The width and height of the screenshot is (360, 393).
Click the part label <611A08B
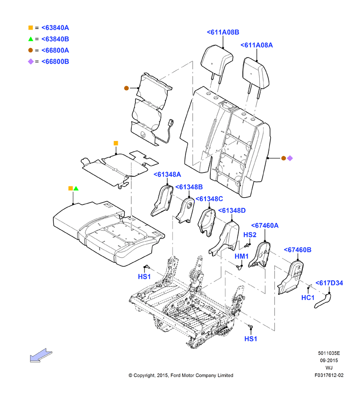coord(223,32)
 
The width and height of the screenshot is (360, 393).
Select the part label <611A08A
coord(257,45)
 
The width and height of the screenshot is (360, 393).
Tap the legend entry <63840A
coord(55,28)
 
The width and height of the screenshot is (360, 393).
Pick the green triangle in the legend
coord(31,39)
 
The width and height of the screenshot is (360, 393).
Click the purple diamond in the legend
coord(31,62)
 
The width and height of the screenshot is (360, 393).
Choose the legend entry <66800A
coord(55,50)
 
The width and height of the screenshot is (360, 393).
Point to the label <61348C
coord(209,199)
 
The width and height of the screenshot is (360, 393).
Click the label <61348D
coord(232,210)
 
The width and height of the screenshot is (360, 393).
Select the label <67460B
coord(297,250)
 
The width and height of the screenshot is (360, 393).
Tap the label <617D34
coord(329,283)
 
